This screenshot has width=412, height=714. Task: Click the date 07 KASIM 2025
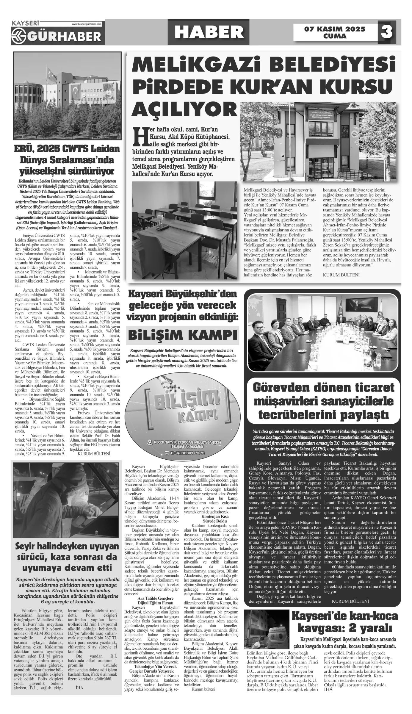[334, 29]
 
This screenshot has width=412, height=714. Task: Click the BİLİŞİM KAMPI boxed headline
[183, 335]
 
